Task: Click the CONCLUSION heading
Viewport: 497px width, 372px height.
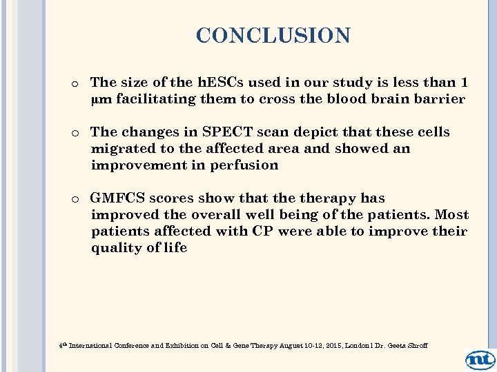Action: [273, 35]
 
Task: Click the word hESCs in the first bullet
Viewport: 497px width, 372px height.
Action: [216, 82]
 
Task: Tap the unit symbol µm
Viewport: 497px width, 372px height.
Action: [101, 99]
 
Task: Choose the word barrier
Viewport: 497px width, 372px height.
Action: [439, 99]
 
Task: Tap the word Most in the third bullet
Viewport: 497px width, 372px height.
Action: [452, 215]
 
